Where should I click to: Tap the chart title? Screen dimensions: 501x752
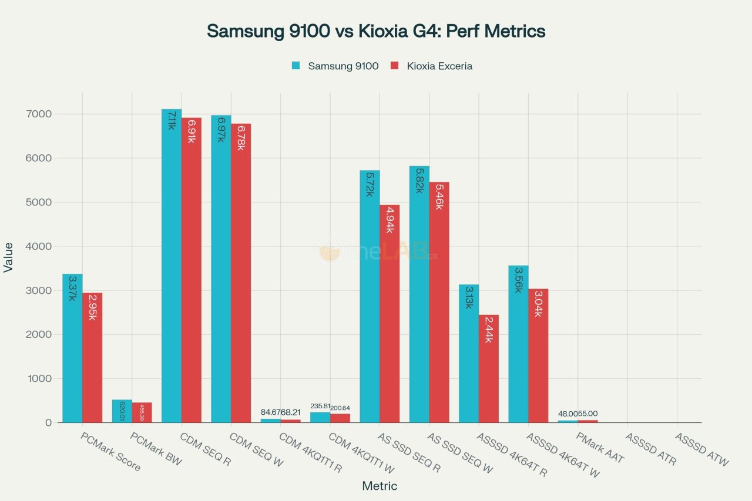pyautogui.click(x=376, y=31)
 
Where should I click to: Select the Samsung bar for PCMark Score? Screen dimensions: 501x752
pyautogui.click(x=72, y=348)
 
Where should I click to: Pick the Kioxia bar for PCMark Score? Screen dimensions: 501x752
pyautogui.click(x=92, y=358)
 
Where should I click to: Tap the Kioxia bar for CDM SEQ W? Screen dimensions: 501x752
pyautogui.click(x=241, y=273)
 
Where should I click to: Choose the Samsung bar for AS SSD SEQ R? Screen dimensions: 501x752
pyautogui.click(x=370, y=296)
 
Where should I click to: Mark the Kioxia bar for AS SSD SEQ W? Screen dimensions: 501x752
pyautogui.click(x=439, y=302)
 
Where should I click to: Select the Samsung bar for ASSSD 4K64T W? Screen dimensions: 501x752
pyautogui.click(x=518, y=344)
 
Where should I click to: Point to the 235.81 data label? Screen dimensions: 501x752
pyautogui.click(x=320, y=406)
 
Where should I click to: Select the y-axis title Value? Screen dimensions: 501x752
pyautogui.click(x=9, y=258)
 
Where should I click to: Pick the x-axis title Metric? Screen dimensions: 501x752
pyautogui.click(x=380, y=486)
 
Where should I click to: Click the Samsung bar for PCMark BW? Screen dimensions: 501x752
pyautogui.click(x=122, y=411)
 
